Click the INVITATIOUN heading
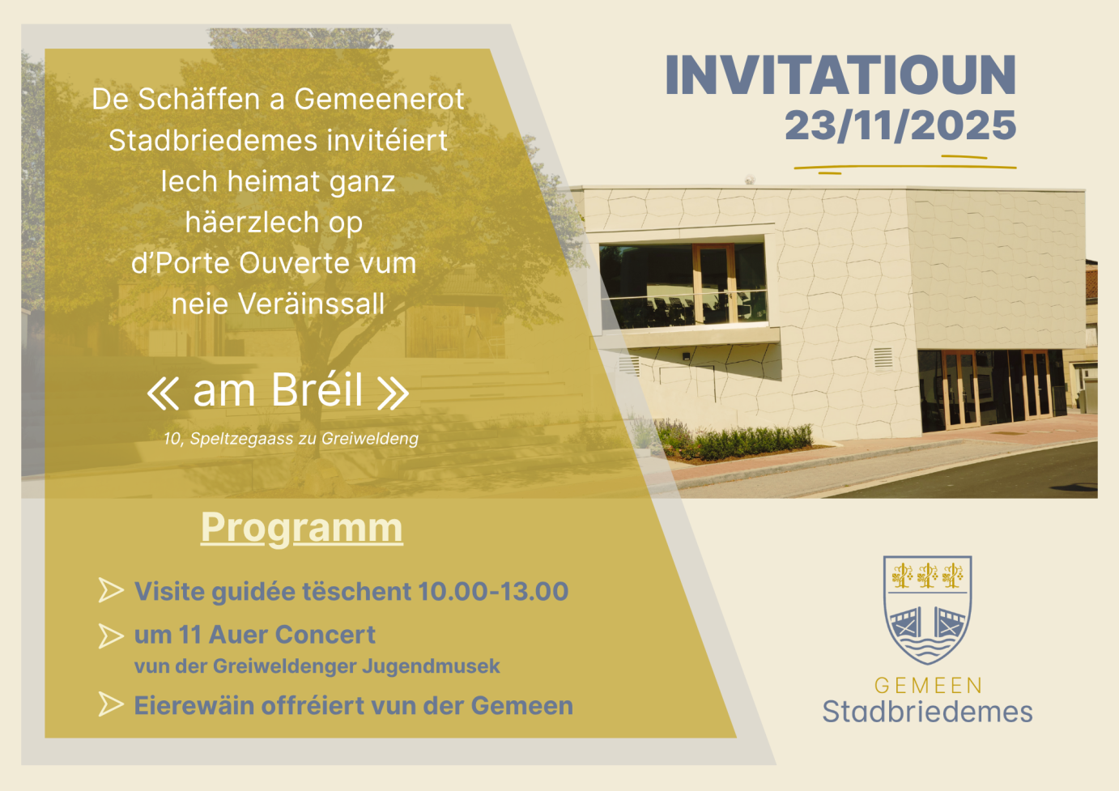840,75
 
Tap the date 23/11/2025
900,125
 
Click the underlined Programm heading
302,529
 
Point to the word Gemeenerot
379,99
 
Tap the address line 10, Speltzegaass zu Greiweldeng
291,439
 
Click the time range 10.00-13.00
494,591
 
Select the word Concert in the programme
325,635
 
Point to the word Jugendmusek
431,666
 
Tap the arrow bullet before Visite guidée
111,590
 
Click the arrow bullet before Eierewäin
111,704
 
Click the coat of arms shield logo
928,609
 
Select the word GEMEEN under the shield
929,686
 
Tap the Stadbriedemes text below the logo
928,712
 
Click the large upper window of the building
683,285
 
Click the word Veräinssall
311,304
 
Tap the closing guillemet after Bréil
393,393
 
